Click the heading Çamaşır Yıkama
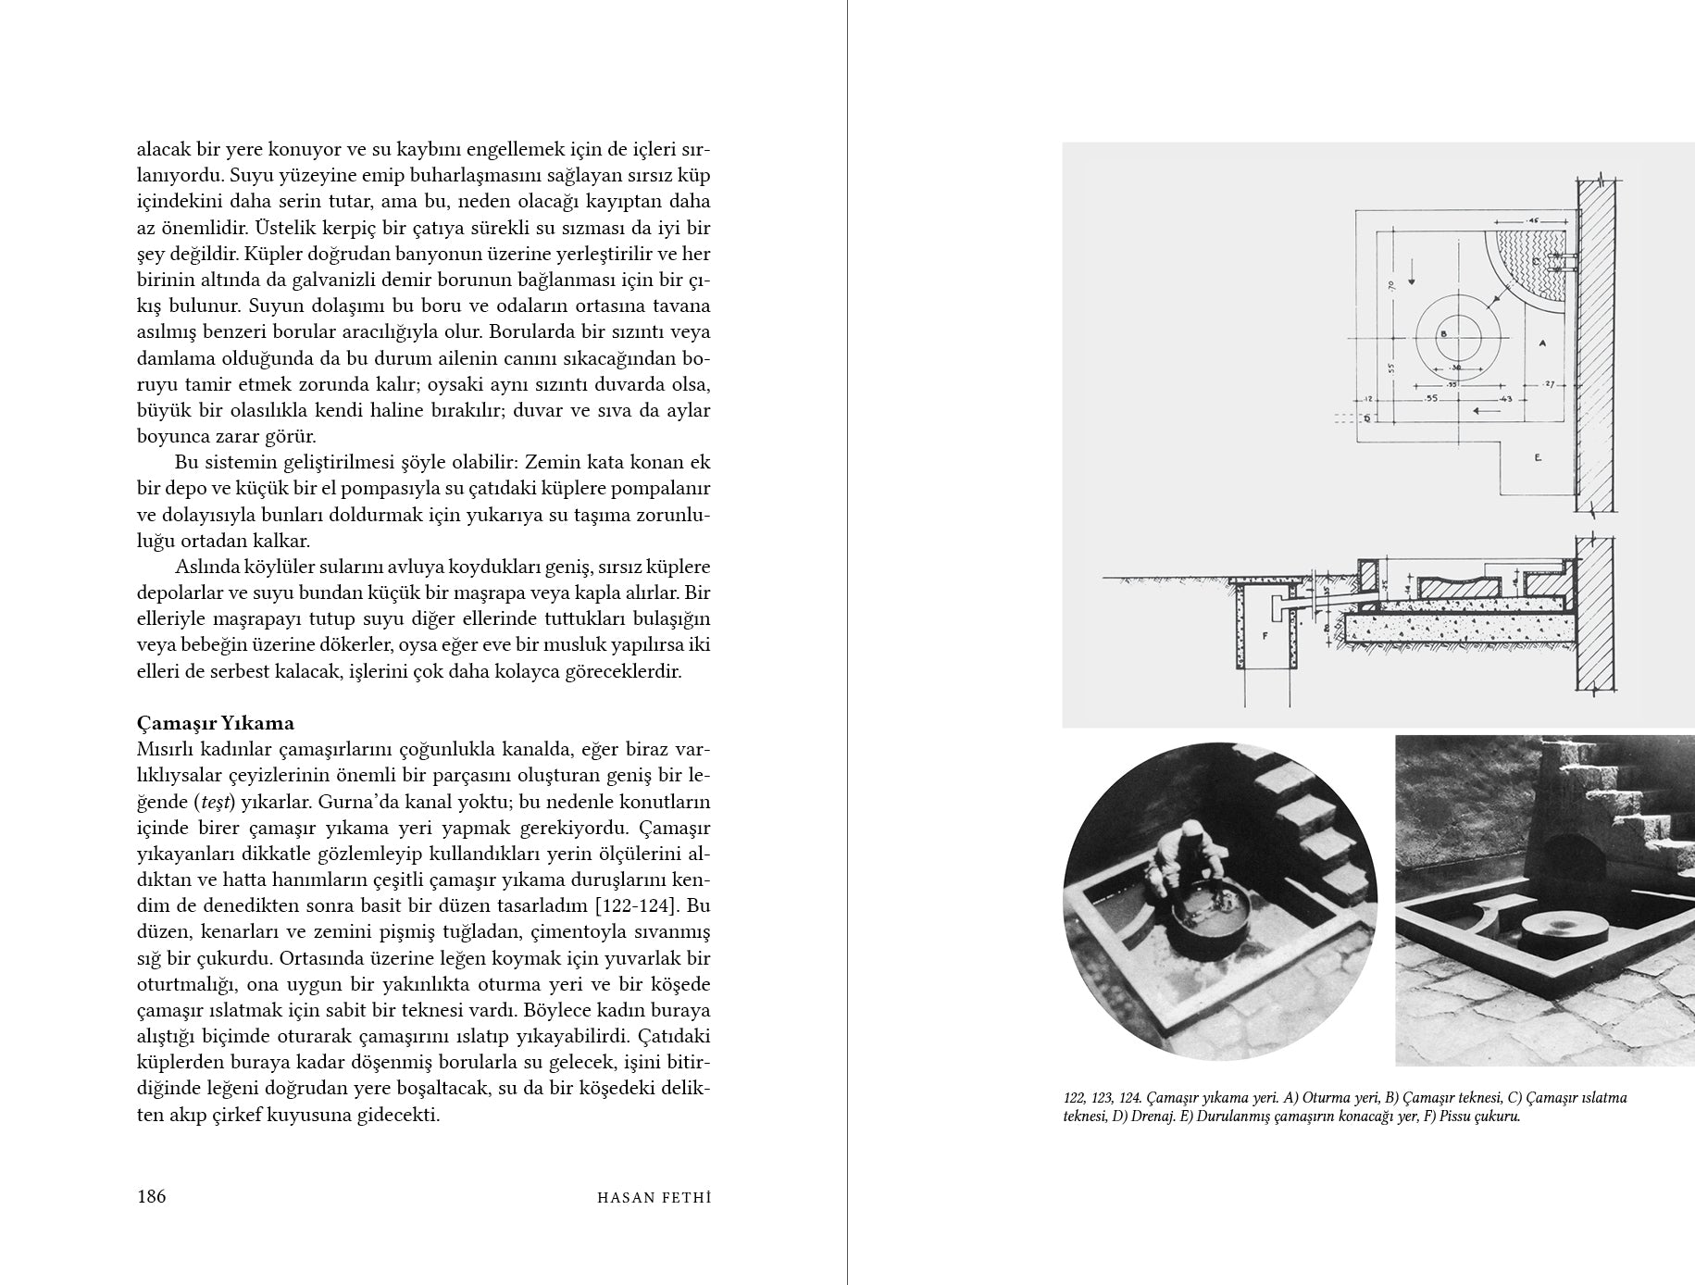pyautogui.click(x=215, y=723)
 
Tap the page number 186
pyautogui.click(x=151, y=1196)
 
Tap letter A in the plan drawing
pyautogui.click(x=1541, y=343)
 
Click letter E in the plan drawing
pyautogui.click(x=1537, y=457)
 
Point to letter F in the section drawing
pyautogui.click(x=1264, y=637)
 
